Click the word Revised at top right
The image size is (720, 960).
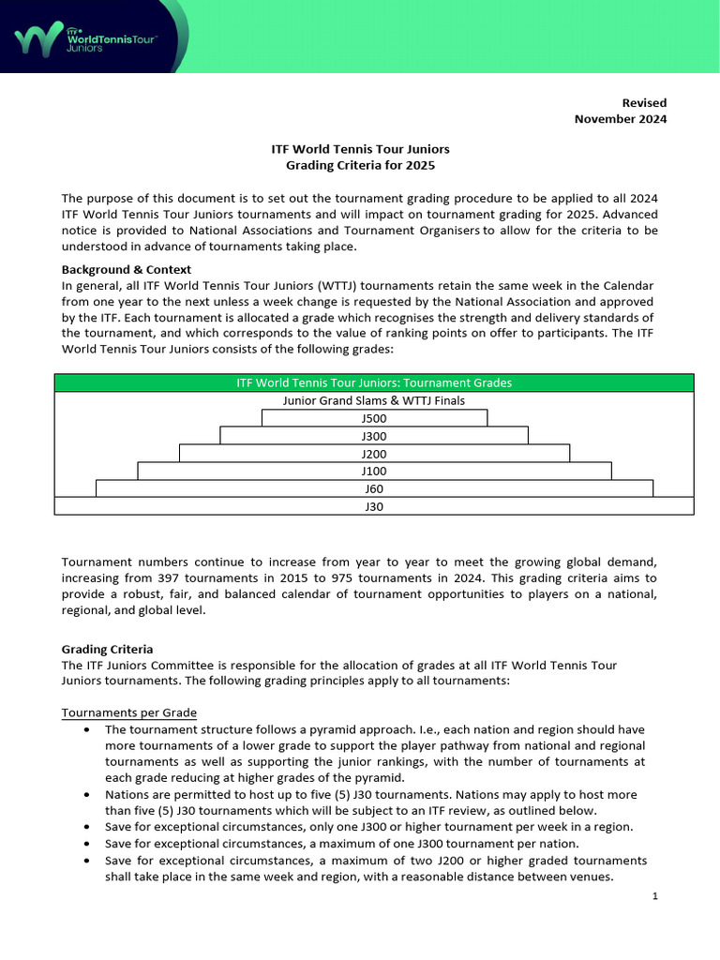pyautogui.click(x=644, y=102)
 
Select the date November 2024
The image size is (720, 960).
pyautogui.click(x=620, y=119)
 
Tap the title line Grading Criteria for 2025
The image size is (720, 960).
pyautogui.click(x=361, y=166)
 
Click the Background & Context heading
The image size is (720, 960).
pyautogui.click(x=126, y=269)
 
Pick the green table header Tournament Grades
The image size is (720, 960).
pyautogui.click(x=374, y=382)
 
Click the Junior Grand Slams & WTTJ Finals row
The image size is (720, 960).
pyautogui.click(x=374, y=400)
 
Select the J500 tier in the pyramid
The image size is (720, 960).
pyautogui.click(x=374, y=418)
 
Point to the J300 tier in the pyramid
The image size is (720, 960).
pyautogui.click(x=374, y=436)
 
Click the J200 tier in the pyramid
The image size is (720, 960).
pyautogui.click(x=374, y=454)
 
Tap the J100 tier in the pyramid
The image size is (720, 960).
pyautogui.click(x=374, y=472)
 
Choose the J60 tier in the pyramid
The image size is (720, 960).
pyautogui.click(x=374, y=488)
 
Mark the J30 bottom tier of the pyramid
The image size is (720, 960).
pyautogui.click(x=374, y=506)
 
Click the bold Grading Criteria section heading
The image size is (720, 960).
pyautogui.click(x=107, y=649)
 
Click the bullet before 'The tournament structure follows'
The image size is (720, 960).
pyautogui.click(x=87, y=729)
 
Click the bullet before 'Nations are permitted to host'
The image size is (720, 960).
pyautogui.click(x=87, y=794)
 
